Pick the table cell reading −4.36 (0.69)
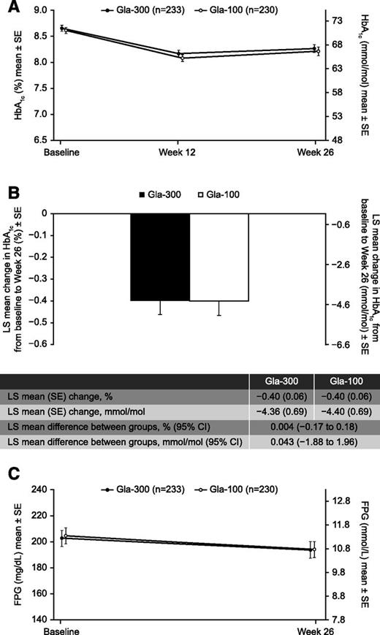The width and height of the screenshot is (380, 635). tap(281, 411)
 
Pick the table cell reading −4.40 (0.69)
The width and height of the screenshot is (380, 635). tap(346, 411)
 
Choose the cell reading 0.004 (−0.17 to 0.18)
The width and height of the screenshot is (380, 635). tap(313, 427)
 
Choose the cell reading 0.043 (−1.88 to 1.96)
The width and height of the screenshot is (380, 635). tap(313, 442)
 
